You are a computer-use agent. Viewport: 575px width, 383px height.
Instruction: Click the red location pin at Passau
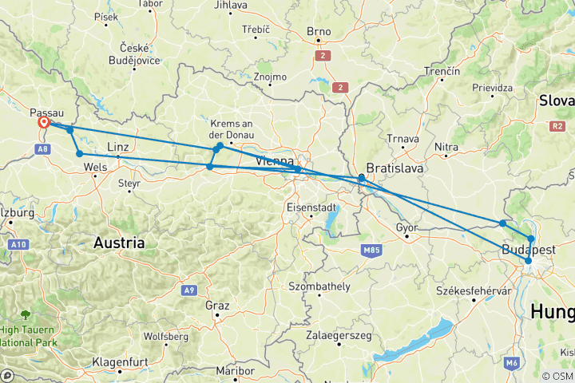(44, 123)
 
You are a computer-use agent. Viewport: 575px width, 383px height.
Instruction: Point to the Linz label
(117, 148)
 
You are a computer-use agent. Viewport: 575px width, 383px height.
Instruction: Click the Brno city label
(318, 32)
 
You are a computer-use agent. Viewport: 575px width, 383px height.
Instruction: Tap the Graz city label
(216, 306)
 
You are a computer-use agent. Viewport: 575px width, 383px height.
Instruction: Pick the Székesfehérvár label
(474, 291)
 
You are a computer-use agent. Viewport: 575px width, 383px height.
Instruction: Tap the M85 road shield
(370, 251)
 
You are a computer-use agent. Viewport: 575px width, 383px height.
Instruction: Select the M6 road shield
(511, 363)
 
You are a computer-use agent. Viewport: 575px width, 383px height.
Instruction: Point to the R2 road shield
(557, 125)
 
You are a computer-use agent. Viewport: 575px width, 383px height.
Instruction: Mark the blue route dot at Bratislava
(362, 178)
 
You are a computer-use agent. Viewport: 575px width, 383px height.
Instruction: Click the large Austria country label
(119, 242)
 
